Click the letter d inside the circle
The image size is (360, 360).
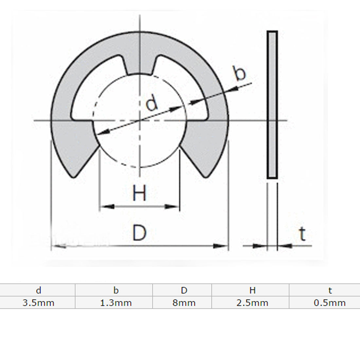[x=152, y=104]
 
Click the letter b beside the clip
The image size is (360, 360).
[x=240, y=74]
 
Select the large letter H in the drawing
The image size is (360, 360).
[x=140, y=193]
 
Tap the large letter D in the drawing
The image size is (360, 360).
[x=139, y=233]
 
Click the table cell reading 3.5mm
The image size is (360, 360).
[x=38, y=303]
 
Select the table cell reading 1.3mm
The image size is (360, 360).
[x=116, y=303]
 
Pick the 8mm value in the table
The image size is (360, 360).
[x=184, y=303]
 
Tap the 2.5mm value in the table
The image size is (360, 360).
[x=252, y=303]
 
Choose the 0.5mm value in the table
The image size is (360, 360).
[x=330, y=303]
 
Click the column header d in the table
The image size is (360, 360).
[x=39, y=290]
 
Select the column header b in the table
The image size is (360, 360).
[x=116, y=290]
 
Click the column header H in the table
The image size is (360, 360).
[x=252, y=290]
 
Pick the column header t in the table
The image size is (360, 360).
[x=330, y=290]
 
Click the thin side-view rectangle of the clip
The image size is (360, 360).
[x=272, y=105]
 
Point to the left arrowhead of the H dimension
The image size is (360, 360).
[x=104, y=207]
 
